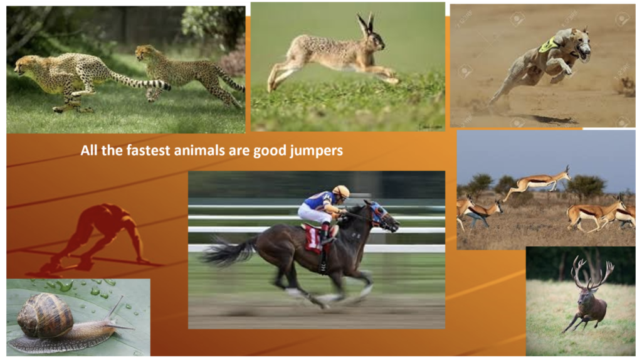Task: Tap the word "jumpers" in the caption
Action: point(317,151)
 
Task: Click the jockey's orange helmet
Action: point(341,191)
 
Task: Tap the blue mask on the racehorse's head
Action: point(379,213)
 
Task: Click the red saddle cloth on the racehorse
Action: point(315,239)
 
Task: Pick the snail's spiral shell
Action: point(45,315)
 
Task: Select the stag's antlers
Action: point(592,272)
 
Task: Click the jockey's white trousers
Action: point(313,213)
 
